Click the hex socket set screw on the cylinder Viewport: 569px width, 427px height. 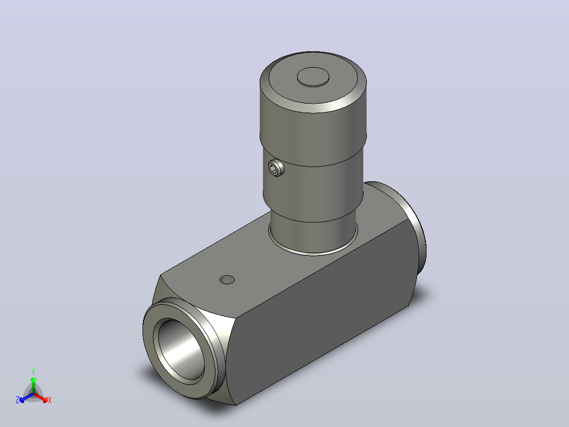[276, 168]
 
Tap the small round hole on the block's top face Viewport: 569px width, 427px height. [227, 280]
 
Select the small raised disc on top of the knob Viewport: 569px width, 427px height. [313, 77]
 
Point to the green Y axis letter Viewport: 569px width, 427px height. [33, 372]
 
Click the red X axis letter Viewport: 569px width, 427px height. [50, 400]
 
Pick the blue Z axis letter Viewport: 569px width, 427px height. [17, 400]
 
